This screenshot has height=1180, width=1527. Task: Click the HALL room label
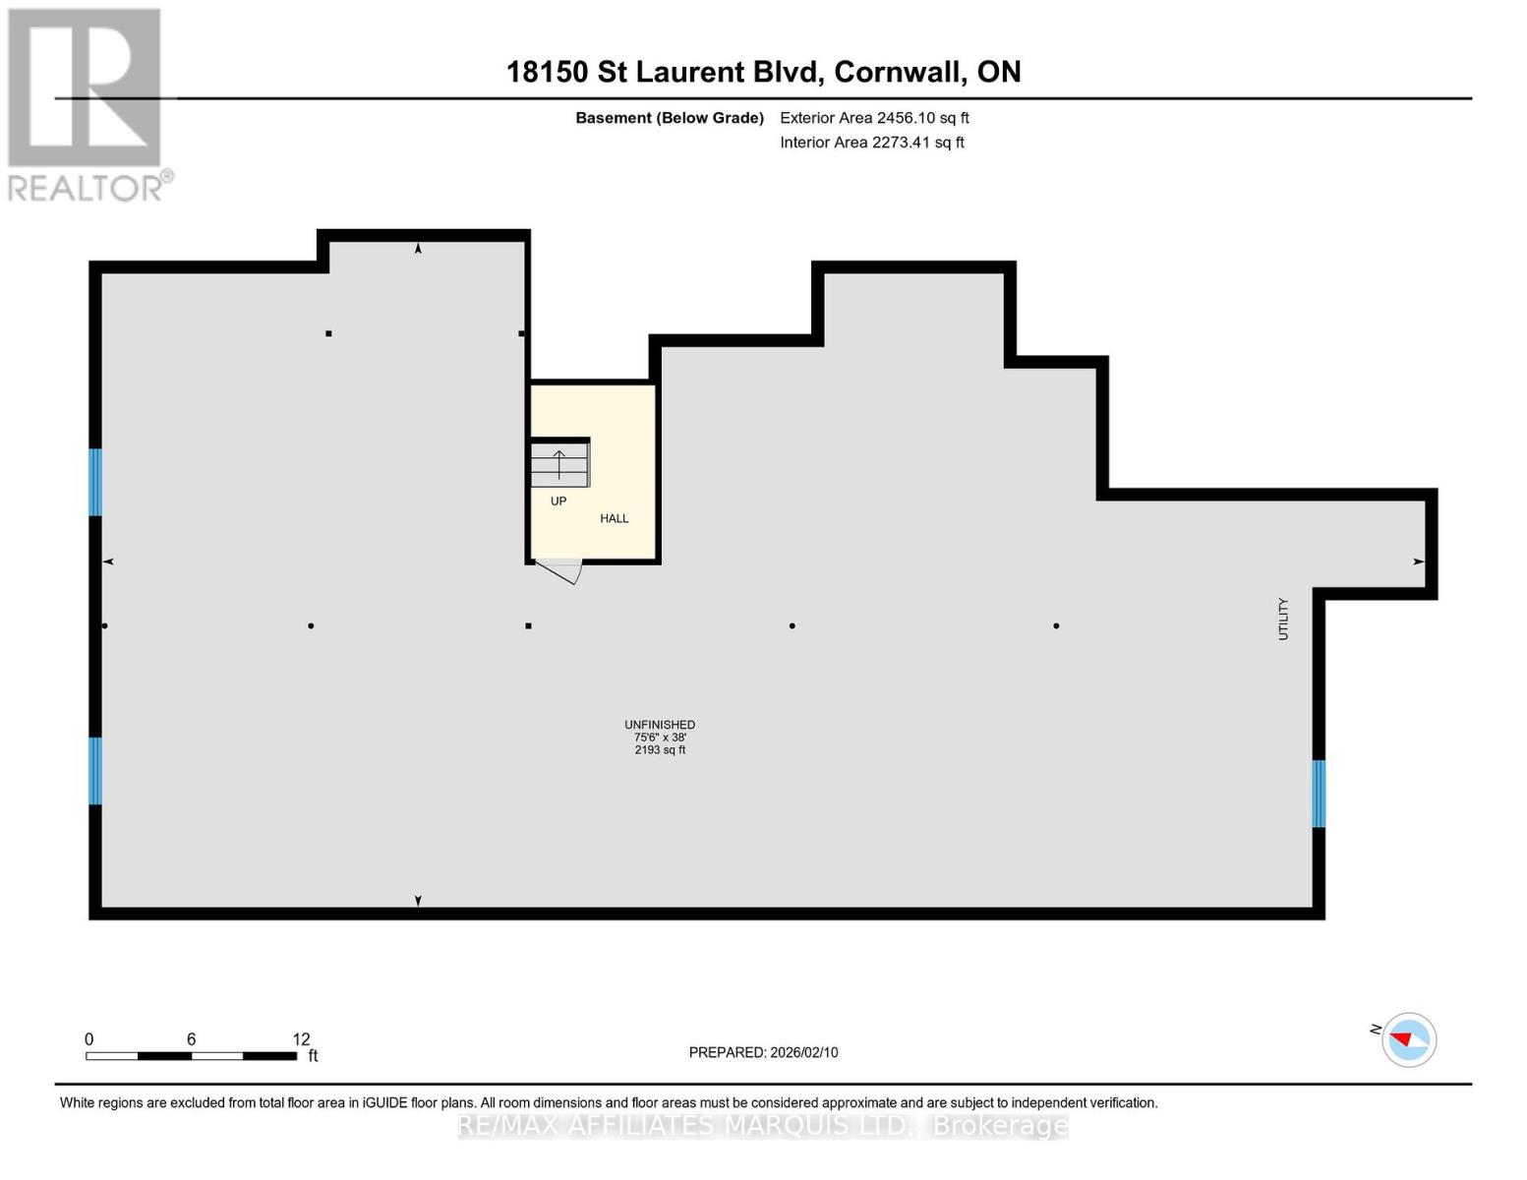[615, 518]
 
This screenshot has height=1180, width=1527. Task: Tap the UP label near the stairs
[558, 501]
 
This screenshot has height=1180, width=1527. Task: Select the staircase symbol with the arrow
[559, 463]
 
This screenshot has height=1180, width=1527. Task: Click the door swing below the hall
[561, 571]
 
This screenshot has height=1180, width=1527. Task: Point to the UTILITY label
[1283, 619]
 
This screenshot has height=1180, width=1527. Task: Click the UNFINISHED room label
[660, 725]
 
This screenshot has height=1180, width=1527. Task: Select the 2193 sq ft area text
[660, 750]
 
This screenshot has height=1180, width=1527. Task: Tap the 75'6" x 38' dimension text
[660, 737]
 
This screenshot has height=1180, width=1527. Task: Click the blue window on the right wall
[1319, 794]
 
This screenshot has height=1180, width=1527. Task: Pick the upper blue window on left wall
[95, 482]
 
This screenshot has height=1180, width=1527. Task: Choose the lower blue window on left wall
[95, 771]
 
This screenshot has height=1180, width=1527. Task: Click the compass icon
[1409, 1039]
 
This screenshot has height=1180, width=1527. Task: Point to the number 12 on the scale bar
[301, 1039]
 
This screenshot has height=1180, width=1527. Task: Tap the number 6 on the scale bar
[191, 1039]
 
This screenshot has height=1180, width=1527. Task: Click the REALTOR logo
[87, 103]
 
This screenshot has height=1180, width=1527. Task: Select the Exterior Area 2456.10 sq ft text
[874, 118]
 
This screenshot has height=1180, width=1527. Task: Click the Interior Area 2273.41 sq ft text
[872, 143]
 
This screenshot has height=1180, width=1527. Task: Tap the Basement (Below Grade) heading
[670, 118]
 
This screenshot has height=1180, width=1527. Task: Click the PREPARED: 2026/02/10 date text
[763, 1052]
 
